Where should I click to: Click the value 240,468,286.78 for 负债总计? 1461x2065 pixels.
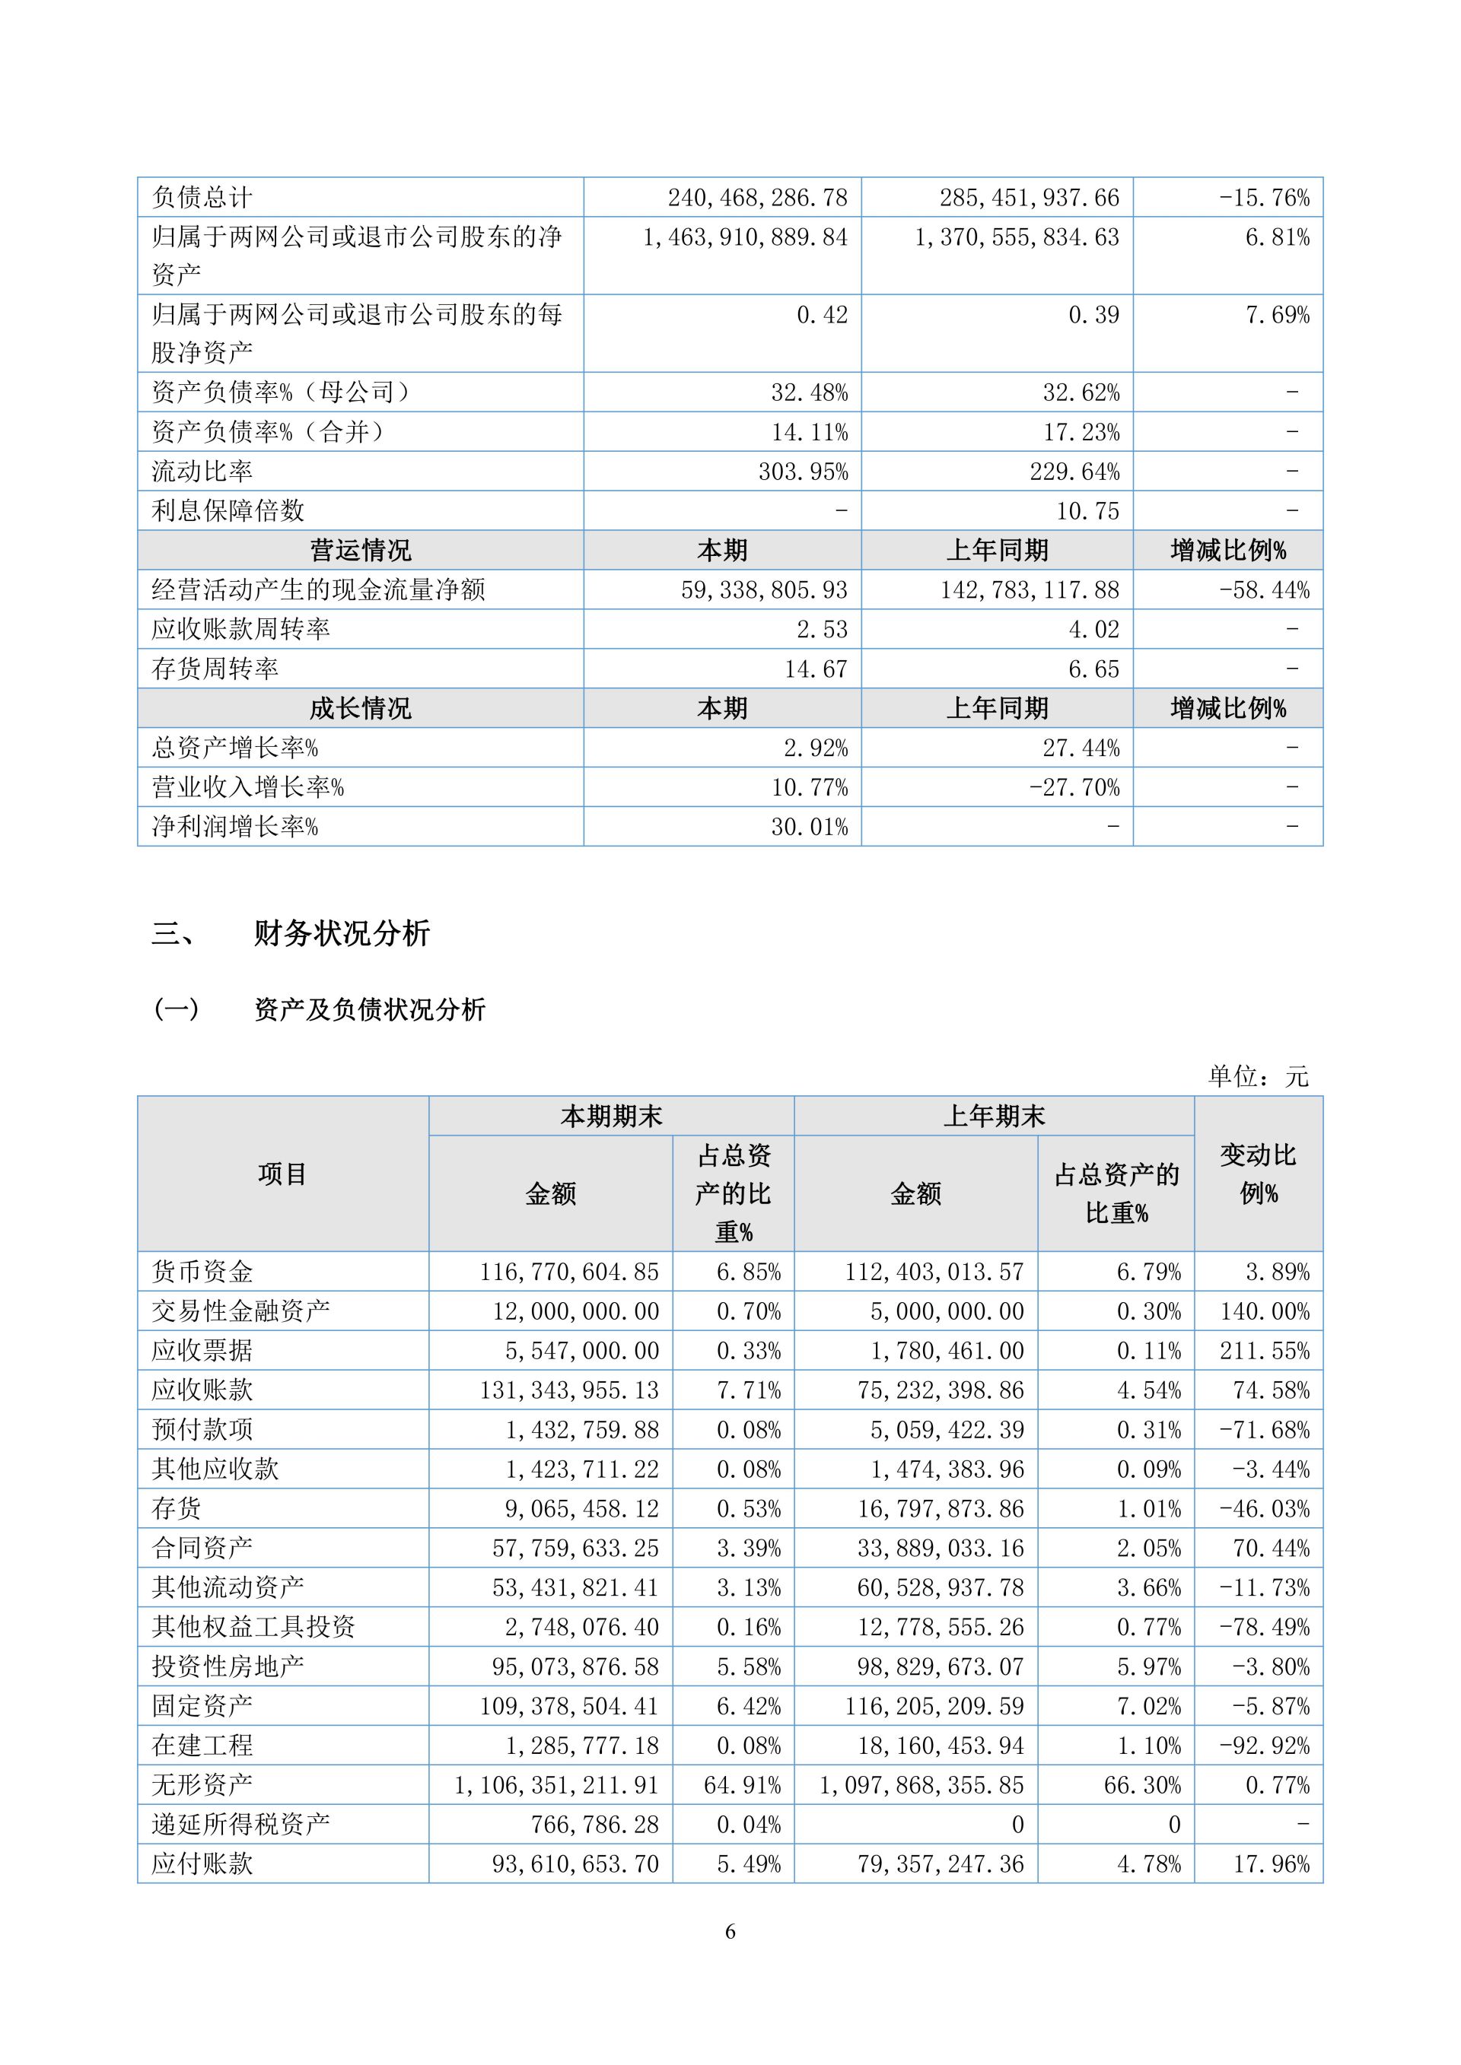[756, 197]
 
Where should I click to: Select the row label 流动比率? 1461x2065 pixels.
[202, 472]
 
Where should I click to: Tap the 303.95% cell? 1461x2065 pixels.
[803, 472]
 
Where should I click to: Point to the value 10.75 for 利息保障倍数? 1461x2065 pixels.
[1087, 511]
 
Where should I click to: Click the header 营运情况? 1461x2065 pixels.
[360, 551]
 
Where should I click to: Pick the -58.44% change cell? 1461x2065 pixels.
[1264, 590]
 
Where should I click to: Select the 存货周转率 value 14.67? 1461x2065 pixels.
[815, 669]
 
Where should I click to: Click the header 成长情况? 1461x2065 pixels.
[360, 709]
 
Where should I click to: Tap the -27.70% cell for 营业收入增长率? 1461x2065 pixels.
[1074, 788]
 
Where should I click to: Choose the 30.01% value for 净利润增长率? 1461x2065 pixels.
[809, 828]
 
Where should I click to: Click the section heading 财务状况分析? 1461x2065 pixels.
[342, 933]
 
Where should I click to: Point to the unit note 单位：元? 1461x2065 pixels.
[1257, 1075]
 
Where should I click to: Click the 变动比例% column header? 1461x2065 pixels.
[1258, 1174]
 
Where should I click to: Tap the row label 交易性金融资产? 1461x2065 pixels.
[240, 1311]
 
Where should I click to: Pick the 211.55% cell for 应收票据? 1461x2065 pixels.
[1264, 1351]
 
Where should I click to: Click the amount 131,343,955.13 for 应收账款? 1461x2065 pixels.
[568, 1390]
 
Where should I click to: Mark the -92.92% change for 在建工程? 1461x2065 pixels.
[1264, 1746]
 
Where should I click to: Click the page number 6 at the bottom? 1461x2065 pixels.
[730, 1931]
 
